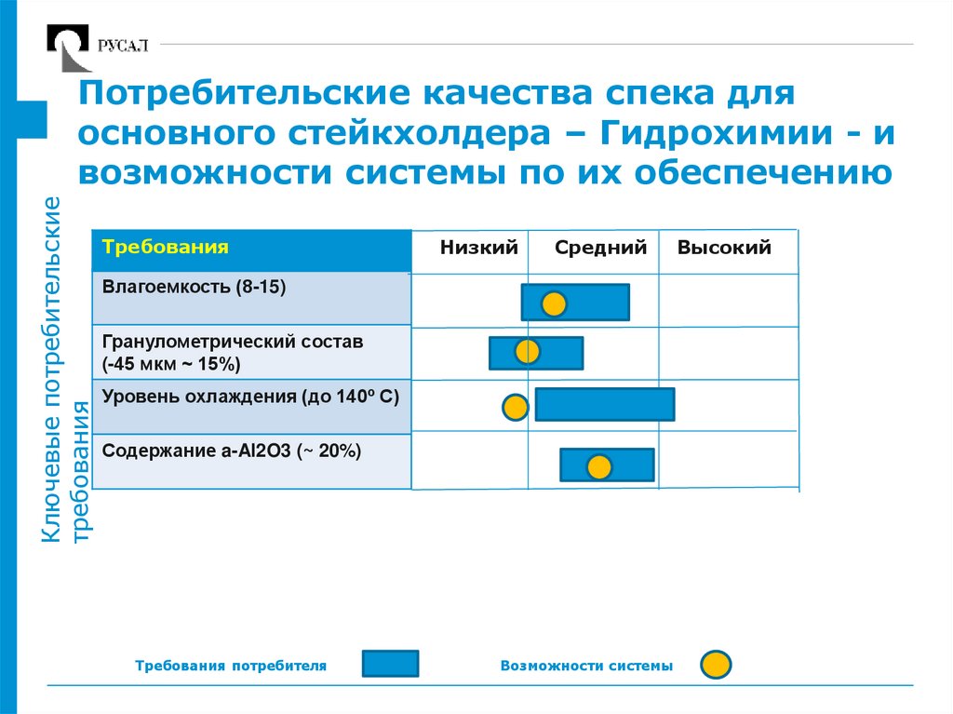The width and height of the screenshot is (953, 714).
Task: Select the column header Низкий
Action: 479,249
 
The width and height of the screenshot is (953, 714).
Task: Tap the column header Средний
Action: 600,249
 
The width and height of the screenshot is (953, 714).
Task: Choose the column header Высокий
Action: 724,249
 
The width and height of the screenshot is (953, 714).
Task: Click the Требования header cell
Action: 166,249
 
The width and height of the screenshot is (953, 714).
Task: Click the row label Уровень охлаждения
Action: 250,397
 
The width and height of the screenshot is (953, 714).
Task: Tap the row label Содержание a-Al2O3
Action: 231,451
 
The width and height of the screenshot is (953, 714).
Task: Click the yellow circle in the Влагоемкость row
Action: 554,303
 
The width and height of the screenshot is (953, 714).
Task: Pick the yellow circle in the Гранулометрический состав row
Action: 528,352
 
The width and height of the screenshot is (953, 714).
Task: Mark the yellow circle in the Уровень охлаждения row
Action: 515,407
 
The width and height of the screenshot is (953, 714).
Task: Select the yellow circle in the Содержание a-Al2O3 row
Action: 599,466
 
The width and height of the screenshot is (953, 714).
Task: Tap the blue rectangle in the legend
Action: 390,664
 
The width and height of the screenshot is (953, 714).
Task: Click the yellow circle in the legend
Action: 716,665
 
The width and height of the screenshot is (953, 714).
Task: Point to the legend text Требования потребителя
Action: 231,667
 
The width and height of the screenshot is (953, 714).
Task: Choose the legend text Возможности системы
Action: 585,667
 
